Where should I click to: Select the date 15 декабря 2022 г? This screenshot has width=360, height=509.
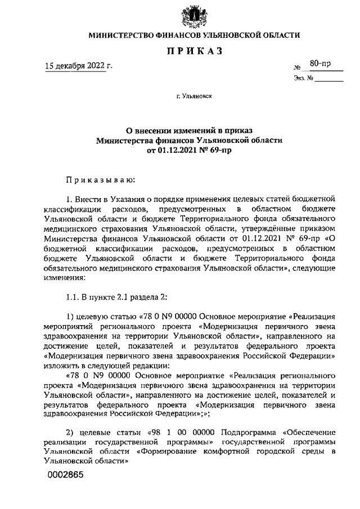tap(79, 66)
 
